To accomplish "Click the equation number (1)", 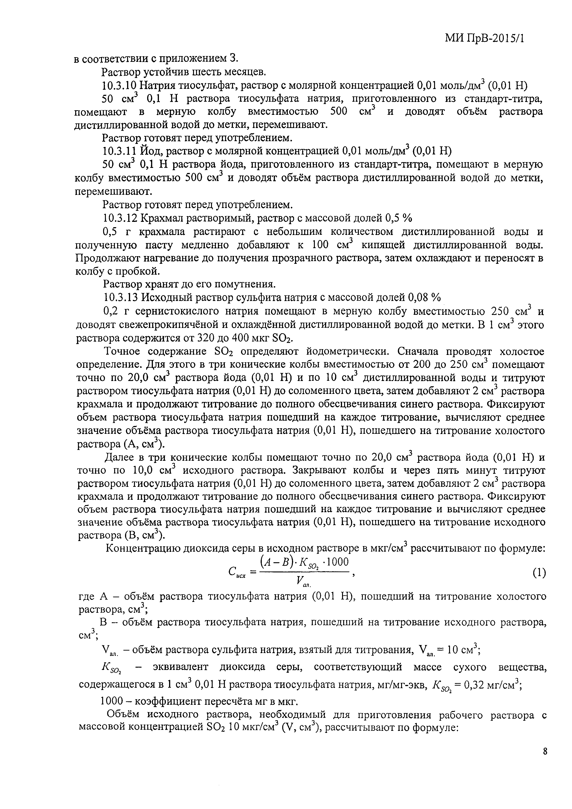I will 539,573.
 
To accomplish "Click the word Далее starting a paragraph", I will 119,457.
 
